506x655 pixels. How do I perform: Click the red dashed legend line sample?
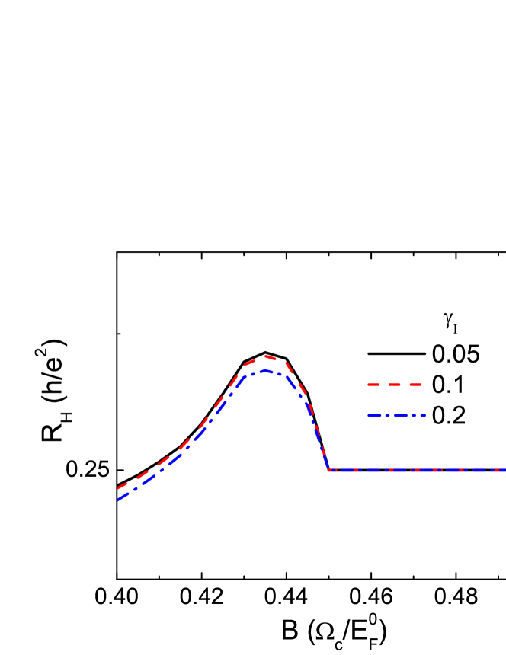395,385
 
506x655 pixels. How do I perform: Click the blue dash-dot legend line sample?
396,415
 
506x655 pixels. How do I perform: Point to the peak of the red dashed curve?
264,356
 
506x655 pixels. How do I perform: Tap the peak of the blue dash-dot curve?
264,370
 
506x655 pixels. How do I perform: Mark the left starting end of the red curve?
117,489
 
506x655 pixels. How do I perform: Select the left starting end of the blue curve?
117,500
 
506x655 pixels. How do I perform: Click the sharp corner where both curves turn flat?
328,470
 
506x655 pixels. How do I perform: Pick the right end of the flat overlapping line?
504,470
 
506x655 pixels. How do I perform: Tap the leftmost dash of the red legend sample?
373,385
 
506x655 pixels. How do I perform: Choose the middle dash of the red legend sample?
395,385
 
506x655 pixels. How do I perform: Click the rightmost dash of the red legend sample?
416,385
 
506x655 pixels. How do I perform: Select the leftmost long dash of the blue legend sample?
374,415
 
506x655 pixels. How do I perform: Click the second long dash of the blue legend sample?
398,415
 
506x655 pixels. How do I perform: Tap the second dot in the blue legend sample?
409,415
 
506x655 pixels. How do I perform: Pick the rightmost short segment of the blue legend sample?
421,415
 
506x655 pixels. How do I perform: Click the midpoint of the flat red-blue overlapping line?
417,470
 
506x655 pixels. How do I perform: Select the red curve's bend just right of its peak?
286,362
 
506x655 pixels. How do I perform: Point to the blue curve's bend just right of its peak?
286,375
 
